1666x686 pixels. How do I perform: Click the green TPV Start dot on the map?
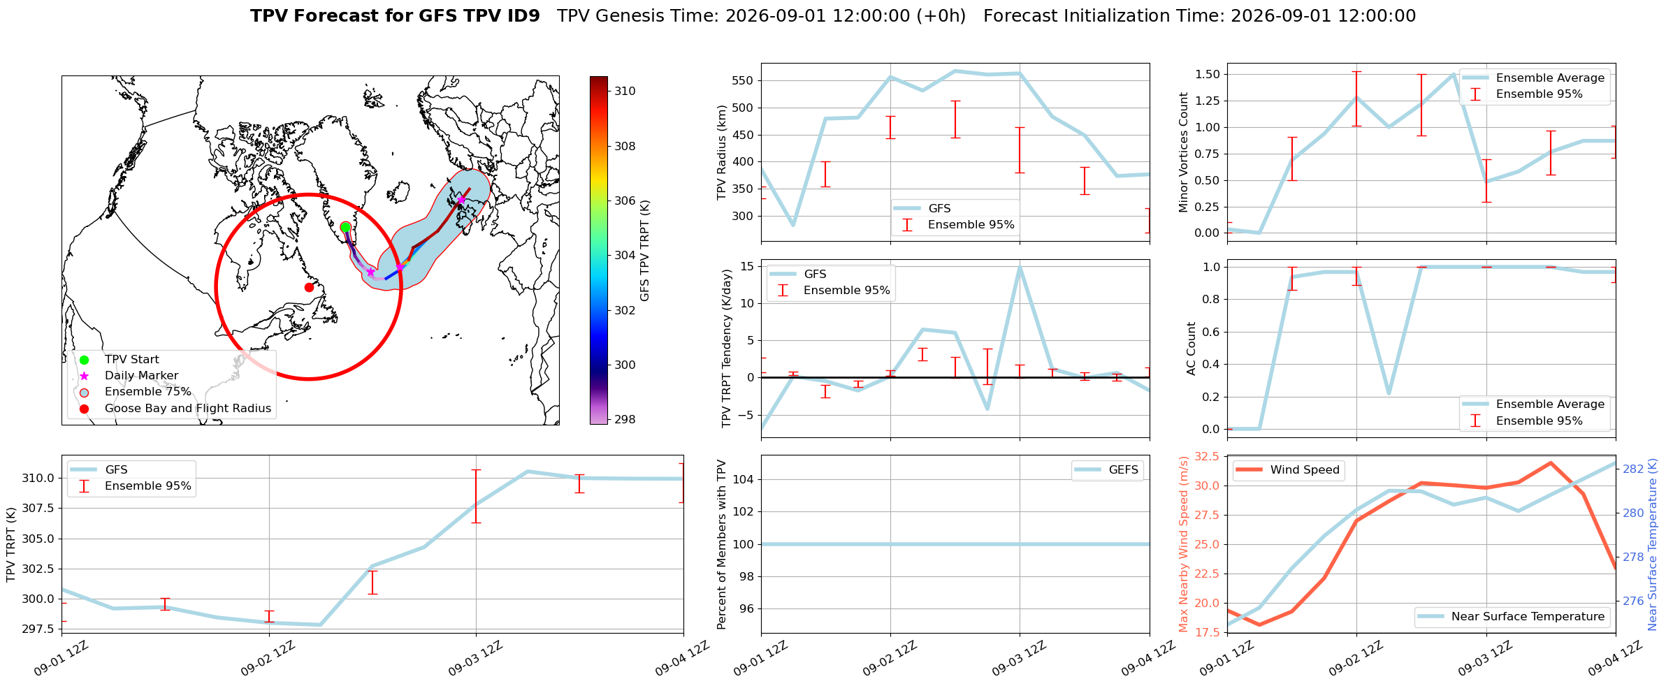pos(345,227)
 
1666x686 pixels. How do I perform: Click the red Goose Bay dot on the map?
pos(309,287)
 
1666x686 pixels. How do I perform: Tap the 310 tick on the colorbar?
pos(625,91)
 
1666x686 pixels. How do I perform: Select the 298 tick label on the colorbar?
pos(625,419)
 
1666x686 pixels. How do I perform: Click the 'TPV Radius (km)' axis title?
pos(722,152)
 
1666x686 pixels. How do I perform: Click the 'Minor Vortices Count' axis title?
pos(1183,152)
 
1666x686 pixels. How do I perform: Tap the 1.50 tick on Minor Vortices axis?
pos(1208,74)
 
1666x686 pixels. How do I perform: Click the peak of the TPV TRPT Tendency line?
pos(1020,267)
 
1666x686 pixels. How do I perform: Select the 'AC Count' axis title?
pos(1191,349)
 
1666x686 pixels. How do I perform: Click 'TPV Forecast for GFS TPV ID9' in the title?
pos(395,16)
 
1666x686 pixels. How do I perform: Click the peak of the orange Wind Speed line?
pos(1551,462)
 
